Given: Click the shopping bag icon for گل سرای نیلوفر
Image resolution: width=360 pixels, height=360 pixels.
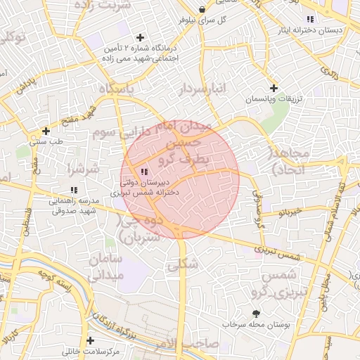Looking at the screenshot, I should click(202, 9).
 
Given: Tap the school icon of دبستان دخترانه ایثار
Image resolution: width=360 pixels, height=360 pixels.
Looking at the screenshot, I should click(310, 19).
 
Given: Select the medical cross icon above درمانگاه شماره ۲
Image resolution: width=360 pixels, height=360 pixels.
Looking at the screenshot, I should click(141, 37).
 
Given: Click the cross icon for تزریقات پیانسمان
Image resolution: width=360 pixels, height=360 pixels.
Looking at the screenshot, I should click(274, 88).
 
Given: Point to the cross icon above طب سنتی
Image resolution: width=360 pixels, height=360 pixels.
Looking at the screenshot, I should click(46, 131).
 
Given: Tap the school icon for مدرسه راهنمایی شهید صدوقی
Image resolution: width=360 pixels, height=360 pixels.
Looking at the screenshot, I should click(74, 190).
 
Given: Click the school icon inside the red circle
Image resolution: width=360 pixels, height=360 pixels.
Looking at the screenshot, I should click(145, 172).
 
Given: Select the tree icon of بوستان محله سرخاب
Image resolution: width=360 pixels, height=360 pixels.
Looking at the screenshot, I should click(255, 314).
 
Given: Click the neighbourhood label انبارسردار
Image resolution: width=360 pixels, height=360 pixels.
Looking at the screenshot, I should click(203, 88).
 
